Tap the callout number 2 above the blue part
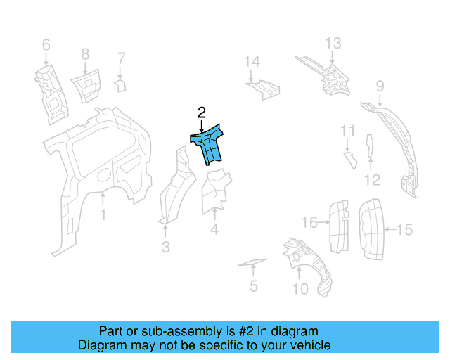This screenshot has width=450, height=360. coord(201,112)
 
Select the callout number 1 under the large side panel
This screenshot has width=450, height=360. coord(103,214)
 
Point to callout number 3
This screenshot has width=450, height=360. coord(165,247)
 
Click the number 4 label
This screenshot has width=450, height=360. coord(214,229)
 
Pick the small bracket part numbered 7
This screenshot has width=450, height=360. coord(120,86)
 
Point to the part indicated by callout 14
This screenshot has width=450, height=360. coord(263,89)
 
